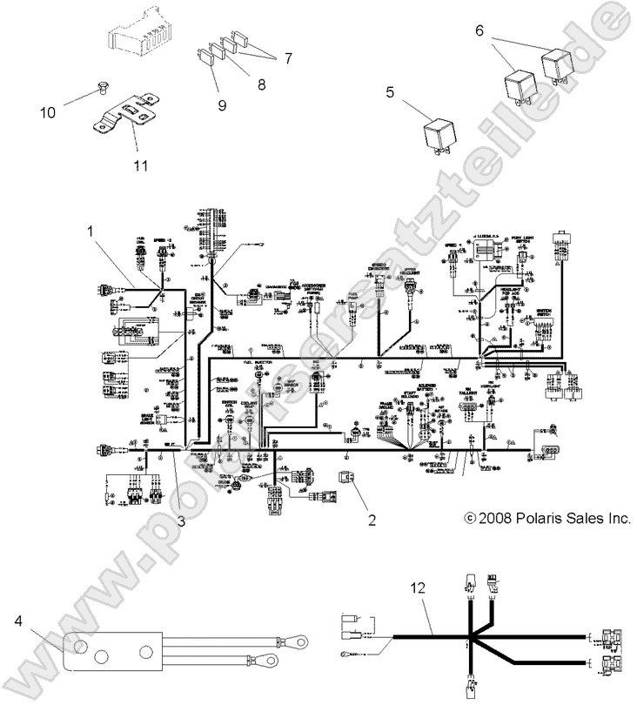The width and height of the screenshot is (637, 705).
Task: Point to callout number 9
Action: click(221, 104)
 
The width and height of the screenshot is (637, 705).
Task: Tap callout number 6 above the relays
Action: click(502, 29)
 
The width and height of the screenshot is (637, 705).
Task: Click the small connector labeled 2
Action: click(345, 477)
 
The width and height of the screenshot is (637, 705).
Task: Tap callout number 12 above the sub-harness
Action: click(420, 588)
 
